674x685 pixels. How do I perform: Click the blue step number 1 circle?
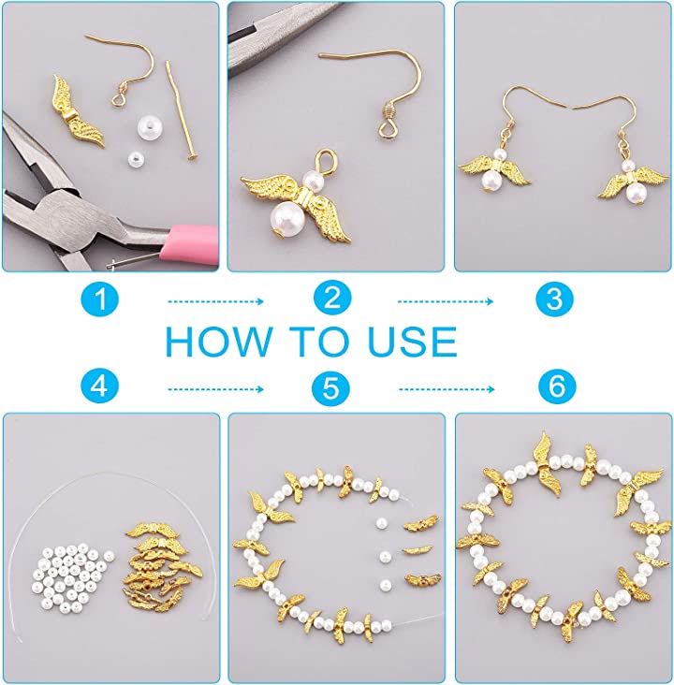(100, 299)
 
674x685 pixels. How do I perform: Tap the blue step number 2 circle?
(332, 298)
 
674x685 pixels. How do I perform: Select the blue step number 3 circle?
(555, 299)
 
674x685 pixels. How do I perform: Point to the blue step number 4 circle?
(100, 386)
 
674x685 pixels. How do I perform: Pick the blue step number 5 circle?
(331, 387)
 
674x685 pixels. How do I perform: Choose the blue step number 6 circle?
(557, 386)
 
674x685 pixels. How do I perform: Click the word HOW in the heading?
(218, 342)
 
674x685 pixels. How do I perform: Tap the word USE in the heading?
(413, 342)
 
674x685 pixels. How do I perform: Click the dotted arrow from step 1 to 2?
(215, 301)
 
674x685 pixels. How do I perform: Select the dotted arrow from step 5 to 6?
(447, 389)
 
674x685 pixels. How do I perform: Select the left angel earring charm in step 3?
(494, 170)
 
